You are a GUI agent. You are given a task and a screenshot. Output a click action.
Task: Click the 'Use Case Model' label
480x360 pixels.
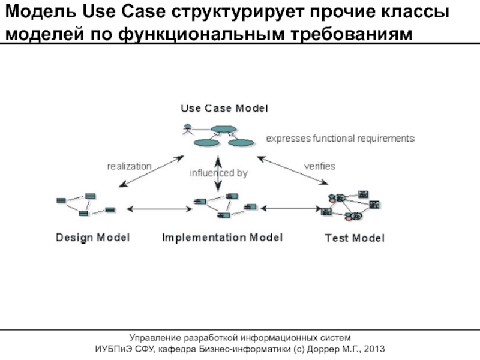click(x=224, y=109)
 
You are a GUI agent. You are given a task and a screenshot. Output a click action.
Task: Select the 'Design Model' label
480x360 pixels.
click(x=92, y=238)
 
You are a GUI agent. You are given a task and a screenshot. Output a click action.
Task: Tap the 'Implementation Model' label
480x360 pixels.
click(x=222, y=238)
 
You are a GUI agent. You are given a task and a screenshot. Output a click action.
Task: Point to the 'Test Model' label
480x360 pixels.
click(x=355, y=238)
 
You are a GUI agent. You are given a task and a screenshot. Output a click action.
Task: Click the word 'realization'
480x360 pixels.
click(x=129, y=166)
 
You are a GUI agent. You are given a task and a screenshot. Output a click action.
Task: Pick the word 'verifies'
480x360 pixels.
click(x=319, y=166)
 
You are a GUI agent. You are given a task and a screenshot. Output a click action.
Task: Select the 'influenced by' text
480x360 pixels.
click(x=218, y=173)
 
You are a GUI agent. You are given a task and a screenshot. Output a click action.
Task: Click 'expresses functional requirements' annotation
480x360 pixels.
click(x=340, y=139)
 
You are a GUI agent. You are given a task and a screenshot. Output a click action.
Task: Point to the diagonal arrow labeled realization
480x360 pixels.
click(x=151, y=172)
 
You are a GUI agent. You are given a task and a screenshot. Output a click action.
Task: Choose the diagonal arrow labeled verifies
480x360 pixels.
click(x=293, y=172)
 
